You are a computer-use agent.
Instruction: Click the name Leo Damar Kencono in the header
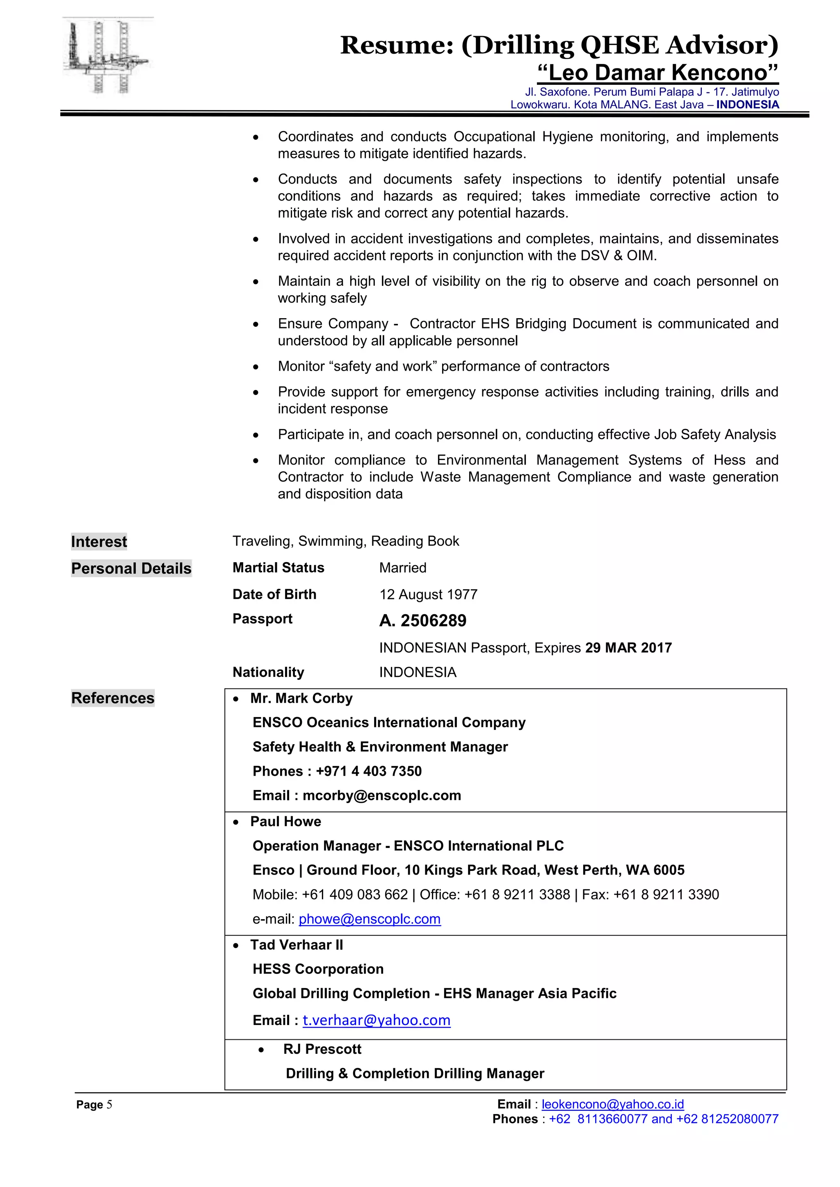(x=657, y=73)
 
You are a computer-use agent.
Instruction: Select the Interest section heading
(x=99, y=542)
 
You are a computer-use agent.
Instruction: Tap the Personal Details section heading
(x=131, y=568)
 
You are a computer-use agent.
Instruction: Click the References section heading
(x=113, y=698)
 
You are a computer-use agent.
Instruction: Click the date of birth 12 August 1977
(x=428, y=595)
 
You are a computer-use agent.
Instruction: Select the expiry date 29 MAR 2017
(x=628, y=648)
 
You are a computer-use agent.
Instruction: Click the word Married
(x=402, y=567)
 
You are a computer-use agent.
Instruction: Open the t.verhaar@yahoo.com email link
(x=376, y=1020)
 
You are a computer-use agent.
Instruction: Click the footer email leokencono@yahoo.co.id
(x=612, y=1104)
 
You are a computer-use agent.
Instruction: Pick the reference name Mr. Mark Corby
(x=301, y=698)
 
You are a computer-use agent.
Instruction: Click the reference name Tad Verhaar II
(x=297, y=945)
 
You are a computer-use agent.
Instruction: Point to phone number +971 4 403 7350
(x=368, y=771)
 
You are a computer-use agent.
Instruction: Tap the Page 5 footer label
(x=94, y=1105)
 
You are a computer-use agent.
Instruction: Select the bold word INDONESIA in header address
(x=747, y=105)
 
